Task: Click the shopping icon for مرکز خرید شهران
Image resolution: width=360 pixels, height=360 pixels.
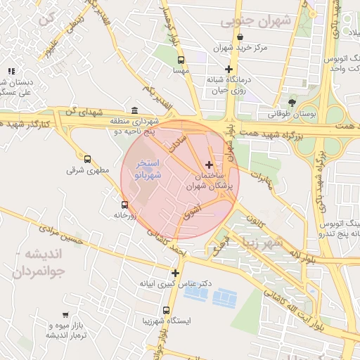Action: tap(240, 37)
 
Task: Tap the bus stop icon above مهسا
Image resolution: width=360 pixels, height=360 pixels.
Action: tap(181, 60)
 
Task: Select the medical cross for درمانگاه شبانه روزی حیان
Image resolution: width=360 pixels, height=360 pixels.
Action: tap(229, 69)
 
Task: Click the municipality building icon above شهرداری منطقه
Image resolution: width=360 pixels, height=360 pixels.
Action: tap(134, 110)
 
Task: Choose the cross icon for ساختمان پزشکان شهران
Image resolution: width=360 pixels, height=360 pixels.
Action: tap(209, 164)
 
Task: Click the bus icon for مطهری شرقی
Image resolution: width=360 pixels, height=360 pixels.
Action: tap(87, 159)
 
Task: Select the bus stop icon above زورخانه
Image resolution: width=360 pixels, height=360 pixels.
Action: tap(124, 205)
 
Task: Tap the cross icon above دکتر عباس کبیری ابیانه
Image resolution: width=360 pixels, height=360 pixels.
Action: tap(175, 273)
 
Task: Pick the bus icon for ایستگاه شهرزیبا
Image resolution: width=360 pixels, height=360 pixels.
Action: tap(166, 309)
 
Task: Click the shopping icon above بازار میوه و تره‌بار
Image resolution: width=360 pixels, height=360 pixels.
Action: tap(65, 316)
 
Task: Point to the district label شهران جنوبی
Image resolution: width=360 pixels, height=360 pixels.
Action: tap(256, 21)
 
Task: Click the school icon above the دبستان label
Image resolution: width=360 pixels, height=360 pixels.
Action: tap(11, 71)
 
